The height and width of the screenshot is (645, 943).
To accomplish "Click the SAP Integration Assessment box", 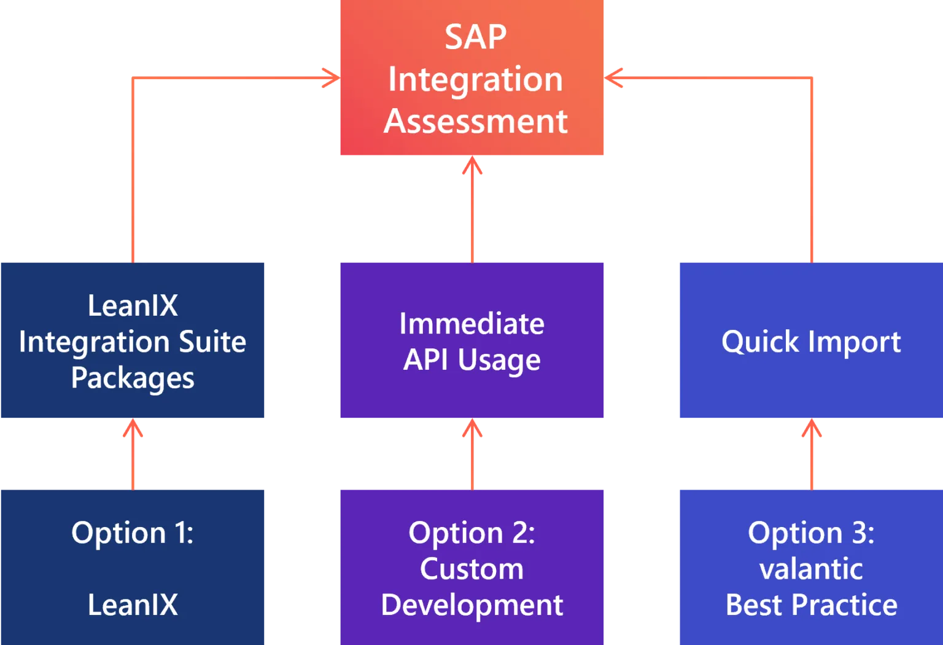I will coord(471,78).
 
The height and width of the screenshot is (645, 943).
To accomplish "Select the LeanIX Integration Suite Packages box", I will coord(132,341).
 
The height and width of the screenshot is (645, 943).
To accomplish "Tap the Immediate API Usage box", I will coord(471,341).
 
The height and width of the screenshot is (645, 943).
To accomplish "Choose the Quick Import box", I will coord(810,341).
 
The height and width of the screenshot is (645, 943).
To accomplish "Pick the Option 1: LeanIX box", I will coord(132,566).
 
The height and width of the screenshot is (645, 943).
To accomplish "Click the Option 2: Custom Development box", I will coord(471,566).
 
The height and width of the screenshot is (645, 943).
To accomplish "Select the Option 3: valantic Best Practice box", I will coord(810,566).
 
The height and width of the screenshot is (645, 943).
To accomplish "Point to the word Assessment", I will coord(475,121).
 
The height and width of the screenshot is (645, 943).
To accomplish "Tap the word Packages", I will coord(133,378).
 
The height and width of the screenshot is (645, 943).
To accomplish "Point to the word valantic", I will coord(811,569).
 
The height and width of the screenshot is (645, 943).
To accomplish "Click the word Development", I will coord(471,605).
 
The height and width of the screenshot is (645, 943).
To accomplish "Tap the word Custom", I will coord(471,569).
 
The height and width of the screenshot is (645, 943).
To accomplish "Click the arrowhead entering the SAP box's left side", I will coord(330,77).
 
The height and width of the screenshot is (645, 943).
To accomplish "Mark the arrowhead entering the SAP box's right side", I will coord(614,77).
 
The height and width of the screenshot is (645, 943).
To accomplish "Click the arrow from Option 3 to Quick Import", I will coord(812,455).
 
